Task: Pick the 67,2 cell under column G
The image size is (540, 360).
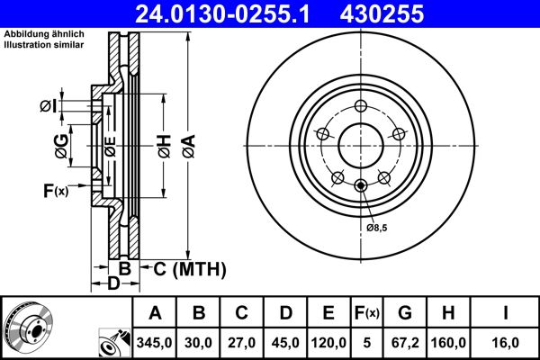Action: (405, 343)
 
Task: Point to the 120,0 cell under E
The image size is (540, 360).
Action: (328, 343)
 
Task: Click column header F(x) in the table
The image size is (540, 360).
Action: (367, 313)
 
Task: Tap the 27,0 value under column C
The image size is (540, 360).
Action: (242, 343)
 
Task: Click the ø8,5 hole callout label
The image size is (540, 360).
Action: (376, 229)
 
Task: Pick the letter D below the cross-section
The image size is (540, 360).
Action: (113, 285)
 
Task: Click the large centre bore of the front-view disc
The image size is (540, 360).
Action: (360, 143)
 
